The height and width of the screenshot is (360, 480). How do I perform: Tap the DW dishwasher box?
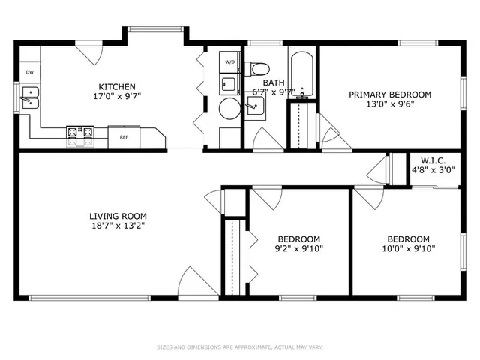[x=30, y=72]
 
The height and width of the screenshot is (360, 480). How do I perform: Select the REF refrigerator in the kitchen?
[x=123, y=137]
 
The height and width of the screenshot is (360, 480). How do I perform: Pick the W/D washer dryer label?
[x=229, y=61]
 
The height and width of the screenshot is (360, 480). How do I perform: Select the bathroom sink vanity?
[x=256, y=108]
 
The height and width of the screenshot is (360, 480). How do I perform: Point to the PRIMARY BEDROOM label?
[x=391, y=94]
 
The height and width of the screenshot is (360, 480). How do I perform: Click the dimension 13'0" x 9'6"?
[x=391, y=104]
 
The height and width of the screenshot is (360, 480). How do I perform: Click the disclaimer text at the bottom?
[x=239, y=346]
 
